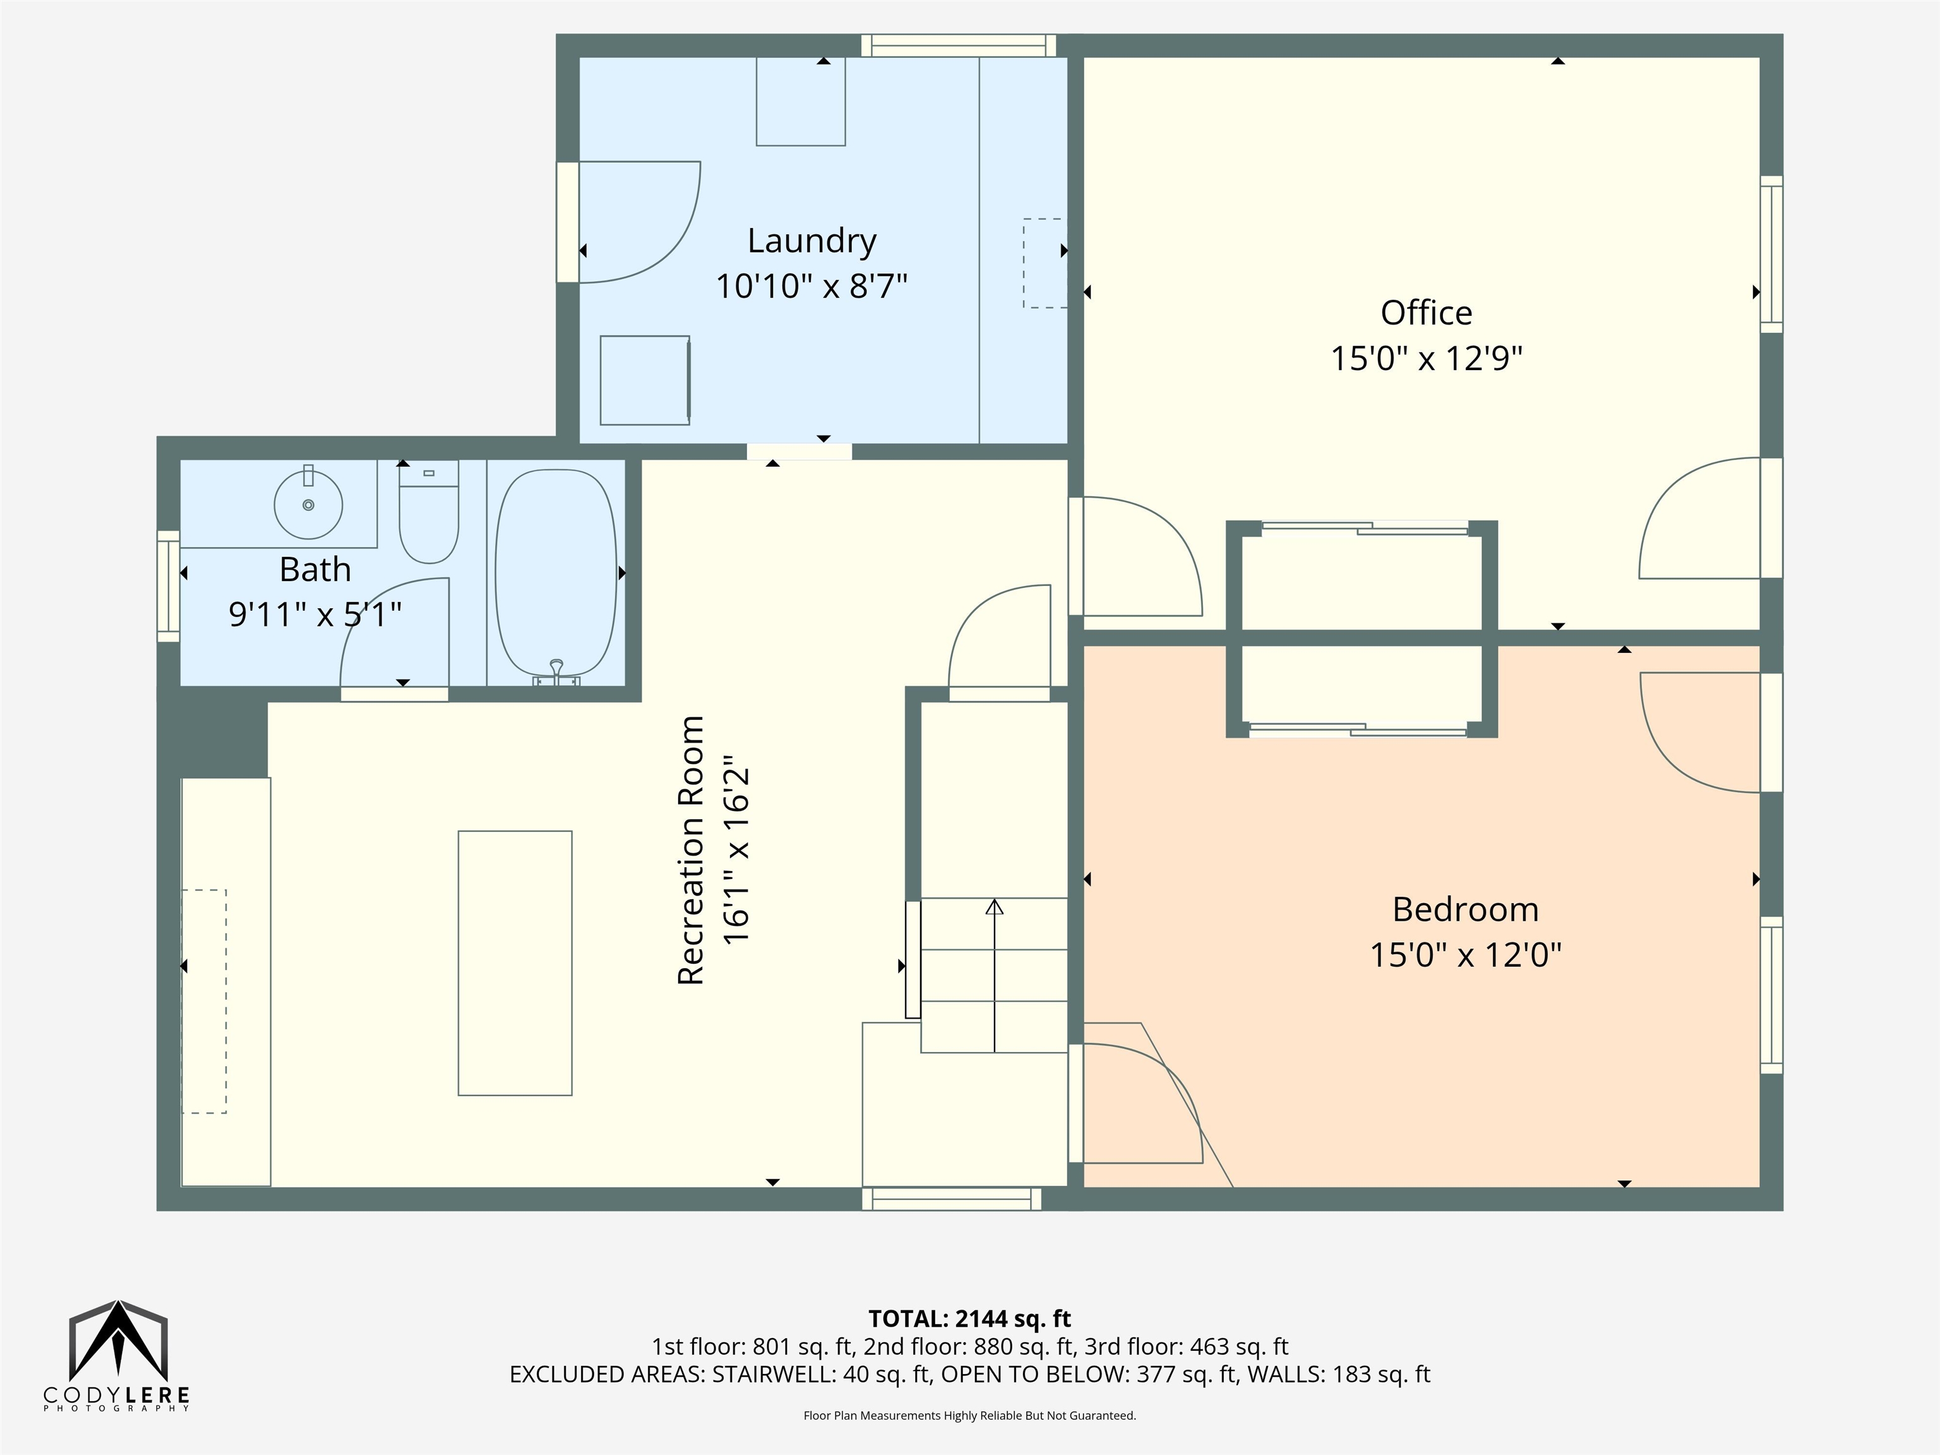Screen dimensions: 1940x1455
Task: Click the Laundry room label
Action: tap(811, 241)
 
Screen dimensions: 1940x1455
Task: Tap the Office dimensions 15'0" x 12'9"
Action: tap(1426, 359)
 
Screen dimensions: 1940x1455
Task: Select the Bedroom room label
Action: tap(1466, 909)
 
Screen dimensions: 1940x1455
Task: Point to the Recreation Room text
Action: tap(691, 850)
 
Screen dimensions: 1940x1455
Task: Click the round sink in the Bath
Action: tap(308, 505)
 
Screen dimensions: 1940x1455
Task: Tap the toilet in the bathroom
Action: tap(429, 512)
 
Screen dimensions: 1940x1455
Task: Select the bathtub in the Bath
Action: tap(556, 575)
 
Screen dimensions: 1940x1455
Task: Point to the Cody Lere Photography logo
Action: tap(117, 1356)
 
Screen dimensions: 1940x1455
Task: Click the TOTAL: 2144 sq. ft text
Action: tap(969, 1318)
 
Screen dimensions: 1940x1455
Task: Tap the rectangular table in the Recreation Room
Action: tap(515, 963)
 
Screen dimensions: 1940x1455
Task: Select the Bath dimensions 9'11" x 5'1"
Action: tap(315, 614)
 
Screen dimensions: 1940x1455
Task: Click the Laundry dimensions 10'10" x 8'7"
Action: tap(811, 286)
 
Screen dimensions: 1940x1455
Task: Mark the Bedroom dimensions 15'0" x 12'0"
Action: tap(1466, 954)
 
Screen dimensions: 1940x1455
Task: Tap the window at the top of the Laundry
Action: tap(958, 45)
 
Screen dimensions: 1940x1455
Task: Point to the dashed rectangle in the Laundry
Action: tap(1044, 263)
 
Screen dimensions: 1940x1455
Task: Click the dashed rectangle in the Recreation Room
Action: tap(205, 1002)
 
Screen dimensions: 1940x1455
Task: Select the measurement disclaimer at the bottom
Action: tap(969, 1416)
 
